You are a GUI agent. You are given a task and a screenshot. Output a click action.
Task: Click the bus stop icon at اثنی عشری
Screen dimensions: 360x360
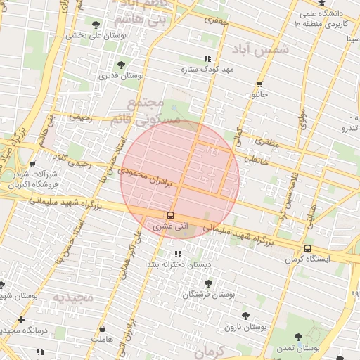coord(170,215)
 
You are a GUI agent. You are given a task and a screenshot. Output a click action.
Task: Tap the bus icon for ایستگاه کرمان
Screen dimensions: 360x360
coord(307,248)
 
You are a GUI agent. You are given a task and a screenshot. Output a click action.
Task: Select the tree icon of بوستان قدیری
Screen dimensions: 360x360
coord(121,65)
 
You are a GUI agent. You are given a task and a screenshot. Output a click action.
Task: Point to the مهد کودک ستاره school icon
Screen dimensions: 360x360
coord(207,59)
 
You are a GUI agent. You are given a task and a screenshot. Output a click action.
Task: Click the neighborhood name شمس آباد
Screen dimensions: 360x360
coord(259,49)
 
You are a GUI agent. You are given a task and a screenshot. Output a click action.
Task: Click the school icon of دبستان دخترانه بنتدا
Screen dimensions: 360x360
coord(177,253)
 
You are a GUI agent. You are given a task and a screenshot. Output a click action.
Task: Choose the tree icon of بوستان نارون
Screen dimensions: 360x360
coord(245,316)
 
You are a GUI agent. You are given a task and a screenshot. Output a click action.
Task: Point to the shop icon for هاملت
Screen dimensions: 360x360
coord(103,329)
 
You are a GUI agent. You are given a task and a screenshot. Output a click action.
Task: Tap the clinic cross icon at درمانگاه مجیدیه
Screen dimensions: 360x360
coord(22,319)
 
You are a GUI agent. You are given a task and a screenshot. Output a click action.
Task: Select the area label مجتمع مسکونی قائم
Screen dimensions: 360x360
coord(143,112)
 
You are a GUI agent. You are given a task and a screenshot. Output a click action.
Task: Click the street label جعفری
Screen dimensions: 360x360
coord(217,21)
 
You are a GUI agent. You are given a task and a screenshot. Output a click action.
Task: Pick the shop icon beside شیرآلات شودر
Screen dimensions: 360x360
coord(32,164)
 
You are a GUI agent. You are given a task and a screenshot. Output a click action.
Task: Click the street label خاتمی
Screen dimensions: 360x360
coord(255,160)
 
